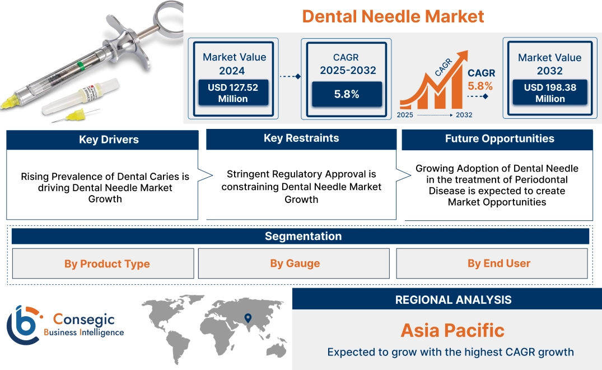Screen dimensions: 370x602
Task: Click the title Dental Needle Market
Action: click(x=393, y=16)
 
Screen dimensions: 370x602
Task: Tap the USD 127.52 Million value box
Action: click(x=232, y=93)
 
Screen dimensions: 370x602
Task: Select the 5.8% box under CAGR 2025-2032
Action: click(x=347, y=94)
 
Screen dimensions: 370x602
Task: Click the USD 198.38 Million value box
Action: click(x=550, y=93)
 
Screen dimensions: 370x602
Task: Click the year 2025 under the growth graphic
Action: click(x=405, y=115)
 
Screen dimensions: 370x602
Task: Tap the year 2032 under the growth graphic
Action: click(x=464, y=115)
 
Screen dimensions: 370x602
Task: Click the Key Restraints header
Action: click(x=301, y=138)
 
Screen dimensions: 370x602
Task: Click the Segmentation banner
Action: click(x=303, y=236)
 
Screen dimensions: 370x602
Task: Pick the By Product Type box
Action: click(x=107, y=263)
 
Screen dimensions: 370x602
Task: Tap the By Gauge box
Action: click(x=295, y=263)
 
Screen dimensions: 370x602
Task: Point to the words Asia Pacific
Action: click(x=452, y=330)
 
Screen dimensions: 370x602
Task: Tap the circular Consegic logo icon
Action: click(x=22, y=325)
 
